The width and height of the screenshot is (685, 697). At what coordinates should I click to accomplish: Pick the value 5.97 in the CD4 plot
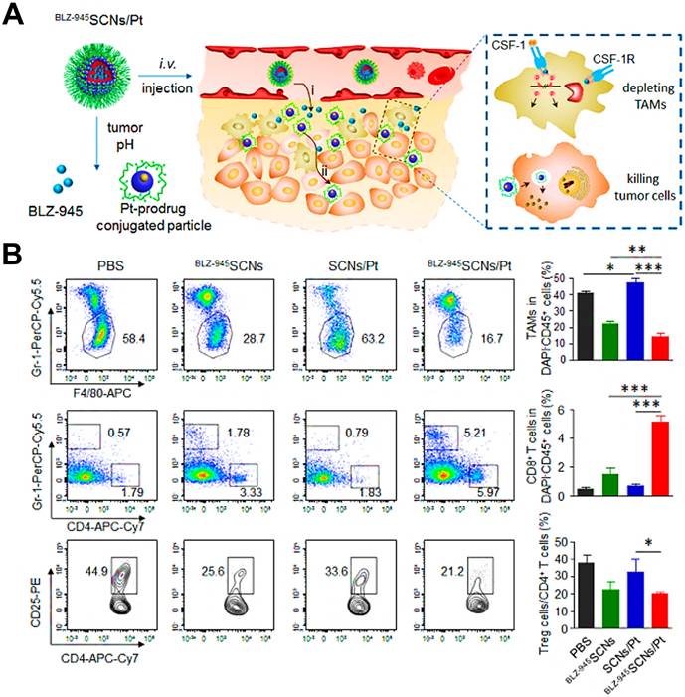click(480, 493)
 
